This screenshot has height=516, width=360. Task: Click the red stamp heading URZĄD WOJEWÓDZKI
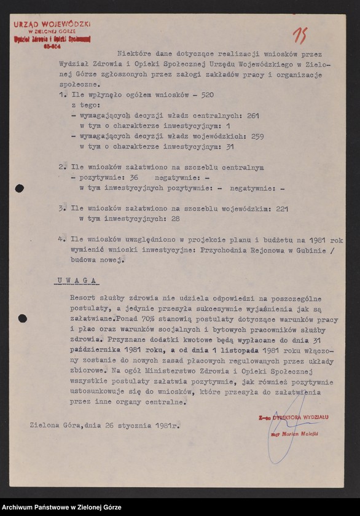tap(52, 23)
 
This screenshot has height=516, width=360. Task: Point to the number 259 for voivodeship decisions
tap(257, 136)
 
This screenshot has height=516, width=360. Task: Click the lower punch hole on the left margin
tap(23, 318)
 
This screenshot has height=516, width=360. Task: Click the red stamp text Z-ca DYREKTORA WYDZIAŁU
tap(293, 417)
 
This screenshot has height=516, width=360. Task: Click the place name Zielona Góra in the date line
tap(53, 425)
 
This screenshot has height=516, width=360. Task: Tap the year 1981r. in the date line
tap(166, 425)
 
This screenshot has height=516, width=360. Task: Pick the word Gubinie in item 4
tap(318, 250)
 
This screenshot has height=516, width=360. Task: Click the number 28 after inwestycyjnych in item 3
tap(175, 218)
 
